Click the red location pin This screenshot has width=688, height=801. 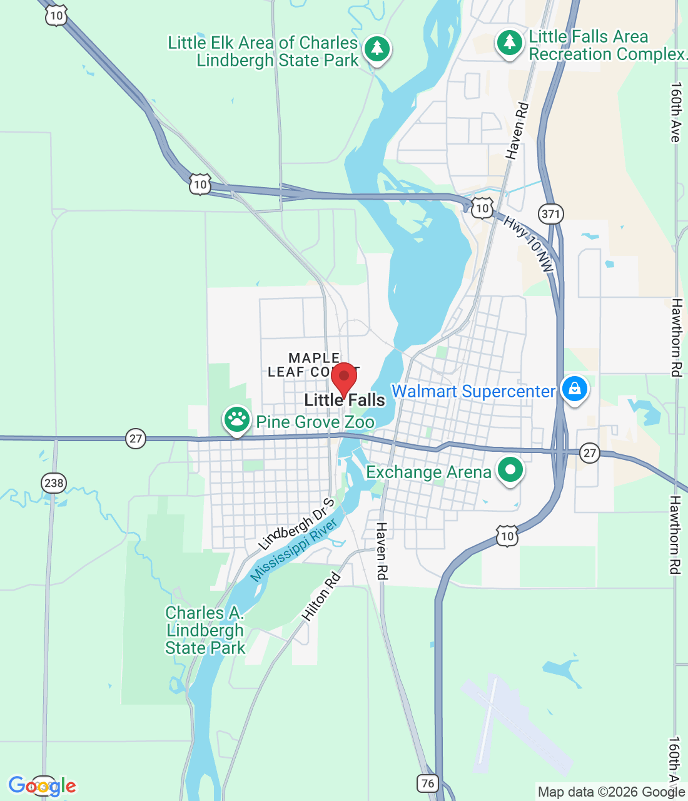click(343, 377)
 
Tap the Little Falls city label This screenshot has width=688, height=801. click(345, 400)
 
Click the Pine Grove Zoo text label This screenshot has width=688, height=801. click(315, 422)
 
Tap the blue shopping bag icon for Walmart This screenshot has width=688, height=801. click(574, 390)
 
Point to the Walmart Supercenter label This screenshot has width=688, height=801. click(473, 392)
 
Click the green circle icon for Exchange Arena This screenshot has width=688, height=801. click(510, 470)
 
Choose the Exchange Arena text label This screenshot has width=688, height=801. click(428, 472)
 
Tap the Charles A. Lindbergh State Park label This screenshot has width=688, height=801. click(205, 630)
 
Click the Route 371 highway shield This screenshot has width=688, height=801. click(551, 214)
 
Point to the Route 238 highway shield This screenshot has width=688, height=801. click(54, 482)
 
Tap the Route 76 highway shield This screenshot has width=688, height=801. click(428, 783)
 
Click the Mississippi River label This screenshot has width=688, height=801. click(293, 549)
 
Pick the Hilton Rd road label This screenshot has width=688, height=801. click(321, 597)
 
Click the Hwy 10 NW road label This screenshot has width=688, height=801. click(529, 244)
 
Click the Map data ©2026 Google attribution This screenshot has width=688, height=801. click(612, 792)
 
